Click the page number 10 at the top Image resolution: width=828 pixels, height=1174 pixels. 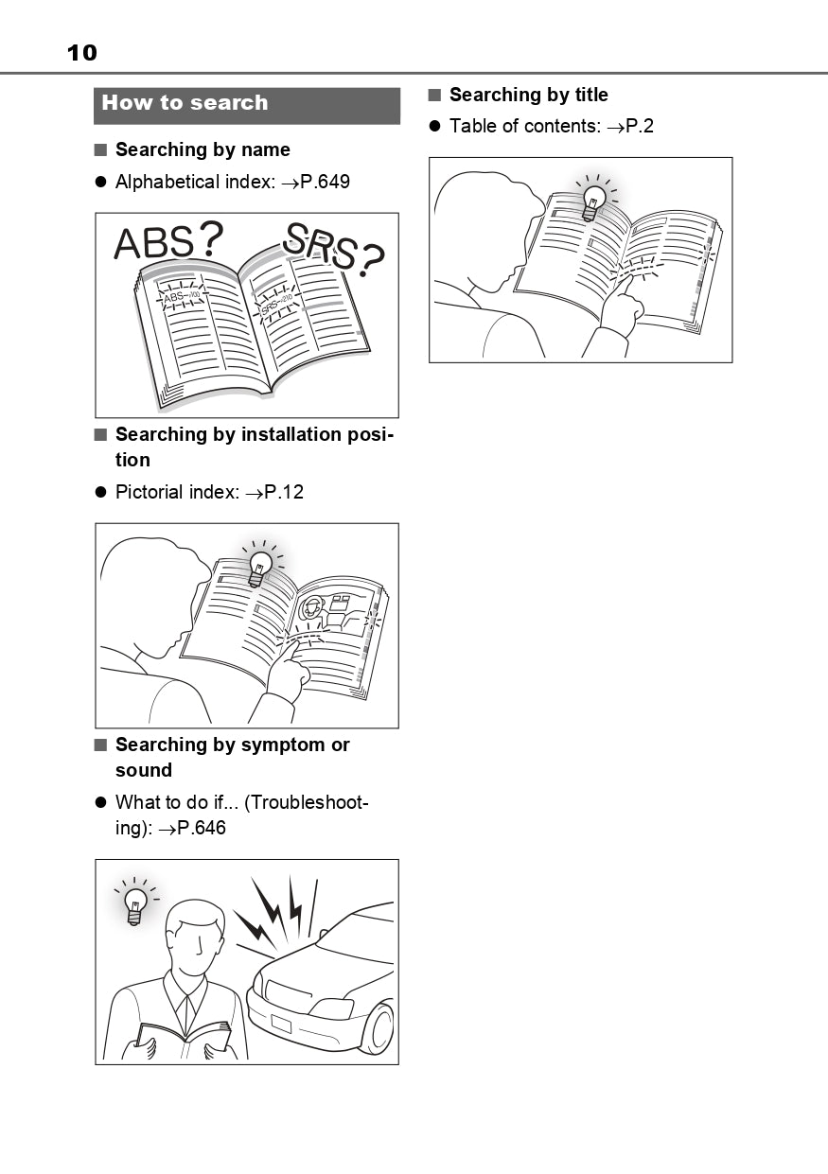click(81, 52)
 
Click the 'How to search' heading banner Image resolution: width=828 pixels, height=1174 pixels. click(246, 105)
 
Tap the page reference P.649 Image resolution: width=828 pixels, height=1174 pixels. click(326, 182)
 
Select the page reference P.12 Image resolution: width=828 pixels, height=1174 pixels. click(284, 492)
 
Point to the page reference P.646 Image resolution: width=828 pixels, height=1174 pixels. click(202, 828)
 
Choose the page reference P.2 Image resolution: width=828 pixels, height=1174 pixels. click(640, 127)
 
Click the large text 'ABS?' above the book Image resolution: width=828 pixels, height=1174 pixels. click(168, 241)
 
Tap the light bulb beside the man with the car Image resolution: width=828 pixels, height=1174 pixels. click(135, 904)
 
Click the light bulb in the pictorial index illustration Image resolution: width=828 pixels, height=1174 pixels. click(259, 569)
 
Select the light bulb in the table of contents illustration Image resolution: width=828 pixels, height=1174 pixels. click(593, 202)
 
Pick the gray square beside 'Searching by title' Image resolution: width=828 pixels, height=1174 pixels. click(434, 95)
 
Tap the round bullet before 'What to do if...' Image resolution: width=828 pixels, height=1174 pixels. click(100, 803)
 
